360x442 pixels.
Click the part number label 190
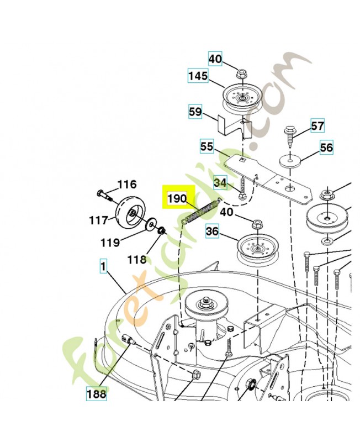(x=177, y=199)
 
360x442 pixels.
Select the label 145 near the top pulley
(x=198, y=76)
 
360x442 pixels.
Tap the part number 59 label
(x=195, y=112)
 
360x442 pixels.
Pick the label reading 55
(x=207, y=146)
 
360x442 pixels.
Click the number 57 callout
(x=317, y=126)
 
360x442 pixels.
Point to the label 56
(x=326, y=148)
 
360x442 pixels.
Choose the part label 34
(x=220, y=183)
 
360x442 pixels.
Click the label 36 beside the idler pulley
(x=212, y=231)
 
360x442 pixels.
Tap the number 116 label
(x=127, y=185)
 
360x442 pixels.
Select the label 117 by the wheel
(x=99, y=220)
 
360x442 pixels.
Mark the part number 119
(x=110, y=243)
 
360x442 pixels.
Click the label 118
(x=137, y=260)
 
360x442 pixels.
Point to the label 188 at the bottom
(x=96, y=394)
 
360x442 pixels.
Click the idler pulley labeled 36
(x=257, y=249)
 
